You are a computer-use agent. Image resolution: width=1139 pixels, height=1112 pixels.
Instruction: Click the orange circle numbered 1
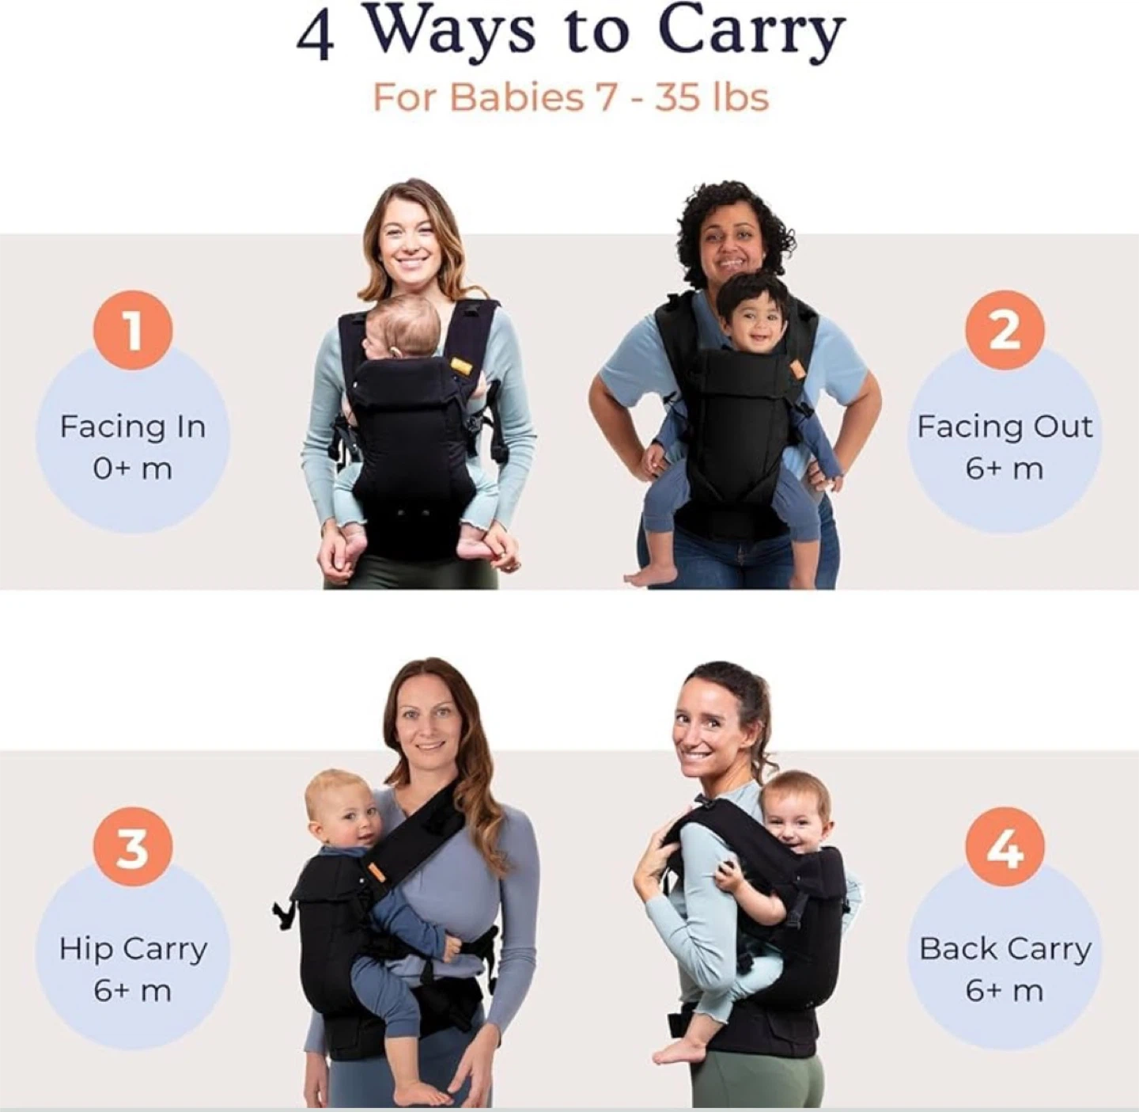pos(133,330)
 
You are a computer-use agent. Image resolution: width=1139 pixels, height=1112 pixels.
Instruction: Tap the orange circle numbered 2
pos(1005,330)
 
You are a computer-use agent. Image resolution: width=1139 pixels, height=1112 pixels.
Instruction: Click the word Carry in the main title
pos(754,34)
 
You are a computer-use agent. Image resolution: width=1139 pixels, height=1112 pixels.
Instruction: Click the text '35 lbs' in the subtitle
pos(711,97)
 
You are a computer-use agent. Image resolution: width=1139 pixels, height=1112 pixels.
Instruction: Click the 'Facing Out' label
pos(1005,427)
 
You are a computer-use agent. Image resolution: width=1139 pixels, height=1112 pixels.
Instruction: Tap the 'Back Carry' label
pos(1005,949)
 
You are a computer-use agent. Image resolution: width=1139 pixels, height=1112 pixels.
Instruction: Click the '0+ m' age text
pos(133,469)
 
